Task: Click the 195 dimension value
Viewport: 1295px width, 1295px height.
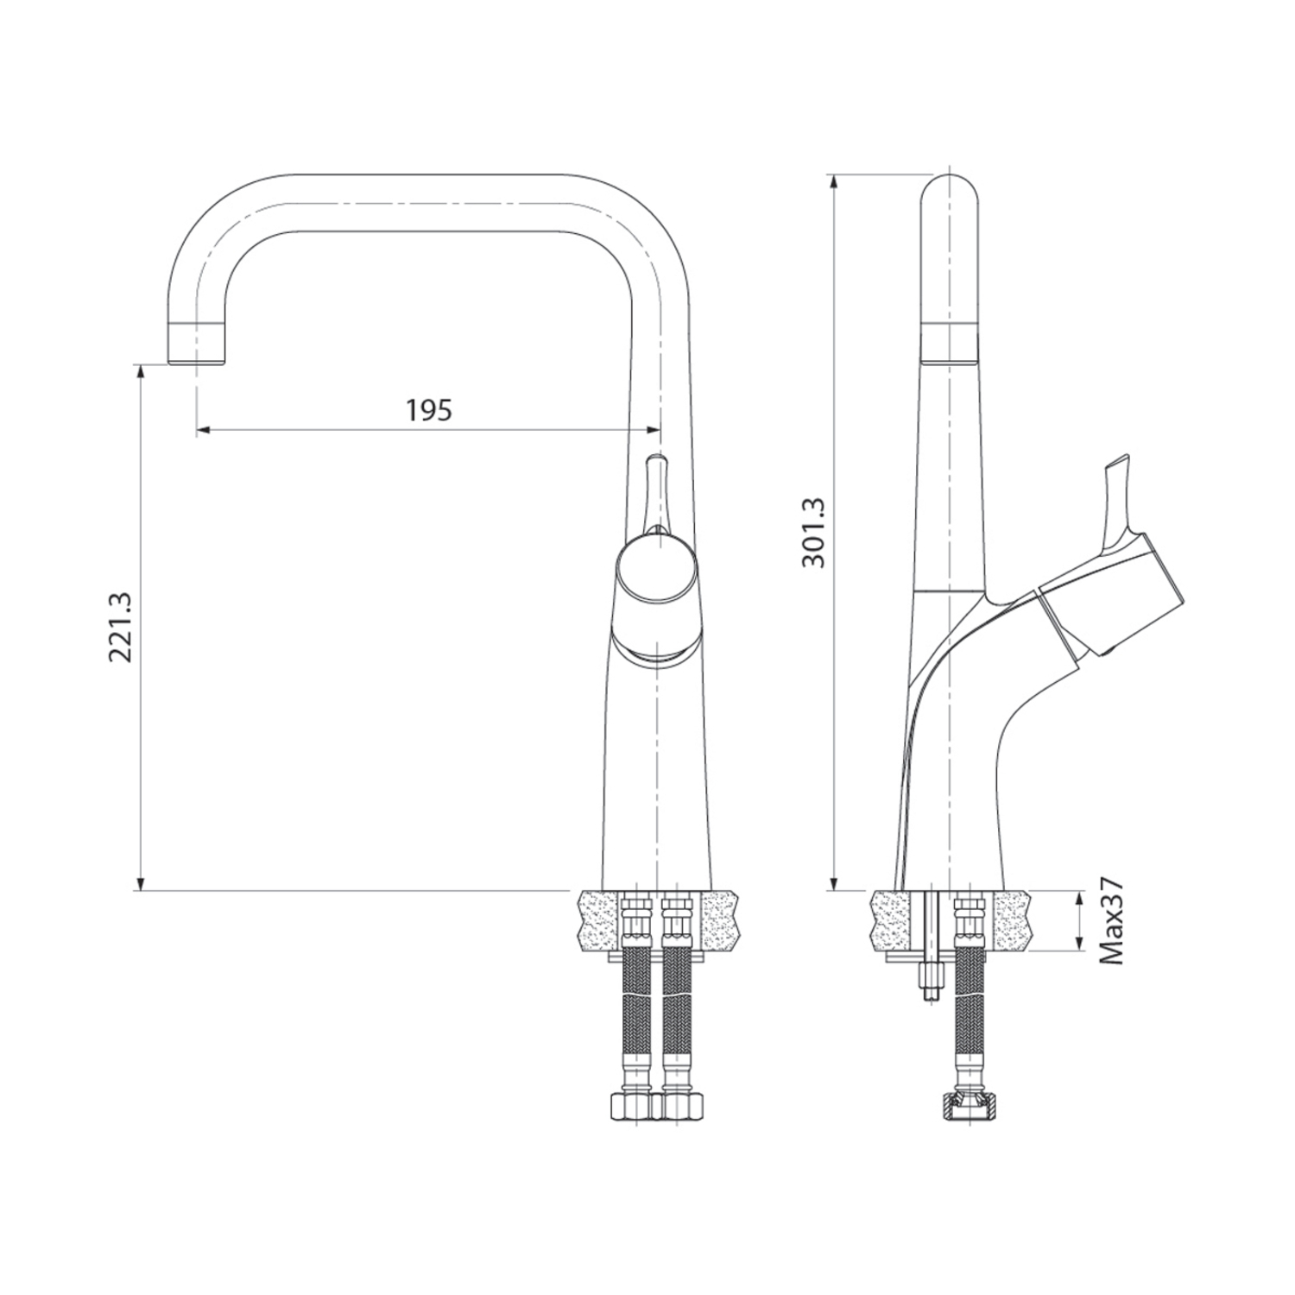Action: tap(429, 409)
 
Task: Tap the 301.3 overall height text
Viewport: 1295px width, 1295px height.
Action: tap(813, 533)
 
